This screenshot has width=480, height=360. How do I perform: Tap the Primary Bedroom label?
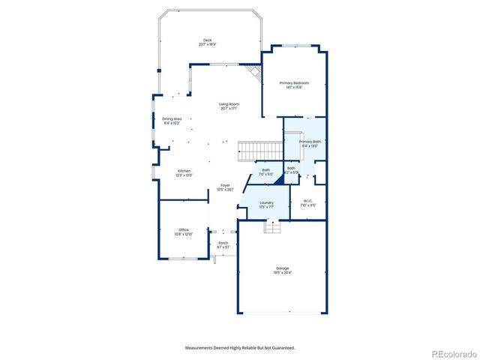click(294, 82)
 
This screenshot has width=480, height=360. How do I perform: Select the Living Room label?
click(229, 103)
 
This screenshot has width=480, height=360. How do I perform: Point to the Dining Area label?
click(172, 118)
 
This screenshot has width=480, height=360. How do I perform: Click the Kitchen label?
click(184, 171)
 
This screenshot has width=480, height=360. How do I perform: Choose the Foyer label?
click(225, 185)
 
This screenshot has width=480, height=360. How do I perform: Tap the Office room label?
click(183, 229)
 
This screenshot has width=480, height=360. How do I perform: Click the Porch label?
click(223, 243)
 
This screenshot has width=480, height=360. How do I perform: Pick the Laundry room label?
click(266, 202)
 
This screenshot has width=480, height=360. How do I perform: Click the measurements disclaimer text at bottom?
click(240, 348)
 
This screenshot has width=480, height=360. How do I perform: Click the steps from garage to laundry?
click(272, 227)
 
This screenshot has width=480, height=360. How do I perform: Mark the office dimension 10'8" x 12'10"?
click(183, 234)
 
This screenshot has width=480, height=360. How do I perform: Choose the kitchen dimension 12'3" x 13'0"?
click(184, 175)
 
